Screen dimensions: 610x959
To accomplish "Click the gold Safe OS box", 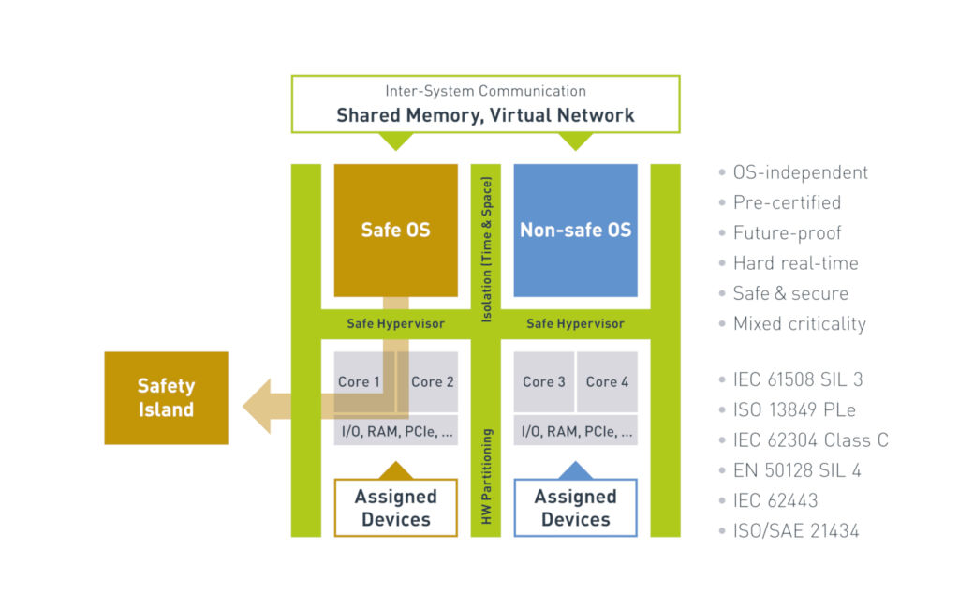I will (x=395, y=229).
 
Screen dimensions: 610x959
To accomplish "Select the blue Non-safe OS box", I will (x=575, y=229).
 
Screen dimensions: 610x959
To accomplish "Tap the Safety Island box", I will (x=166, y=397).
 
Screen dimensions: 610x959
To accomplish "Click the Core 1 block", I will (x=361, y=381).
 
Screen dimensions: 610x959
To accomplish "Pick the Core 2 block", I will (x=433, y=381).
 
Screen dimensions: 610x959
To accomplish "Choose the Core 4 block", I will (x=607, y=381).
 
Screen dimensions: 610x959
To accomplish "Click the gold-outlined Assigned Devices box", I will (x=395, y=508).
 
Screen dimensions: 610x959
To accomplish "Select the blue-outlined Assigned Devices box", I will (x=575, y=508).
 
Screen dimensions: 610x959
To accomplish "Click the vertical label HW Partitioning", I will (x=486, y=475).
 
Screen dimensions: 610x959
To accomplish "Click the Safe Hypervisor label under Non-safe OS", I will (x=575, y=323).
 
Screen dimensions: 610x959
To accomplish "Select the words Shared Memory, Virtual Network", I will (x=485, y=115).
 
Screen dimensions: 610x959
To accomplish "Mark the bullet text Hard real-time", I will (x=795, y=263).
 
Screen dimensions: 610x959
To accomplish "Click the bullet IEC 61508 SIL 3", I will (x=798, y=379).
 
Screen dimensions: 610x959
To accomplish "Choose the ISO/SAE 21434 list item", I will (x=796, y=531).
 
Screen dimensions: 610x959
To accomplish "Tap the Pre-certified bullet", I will (x=787, y=202).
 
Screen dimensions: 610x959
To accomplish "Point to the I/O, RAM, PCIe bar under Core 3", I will (x=575, y=432).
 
